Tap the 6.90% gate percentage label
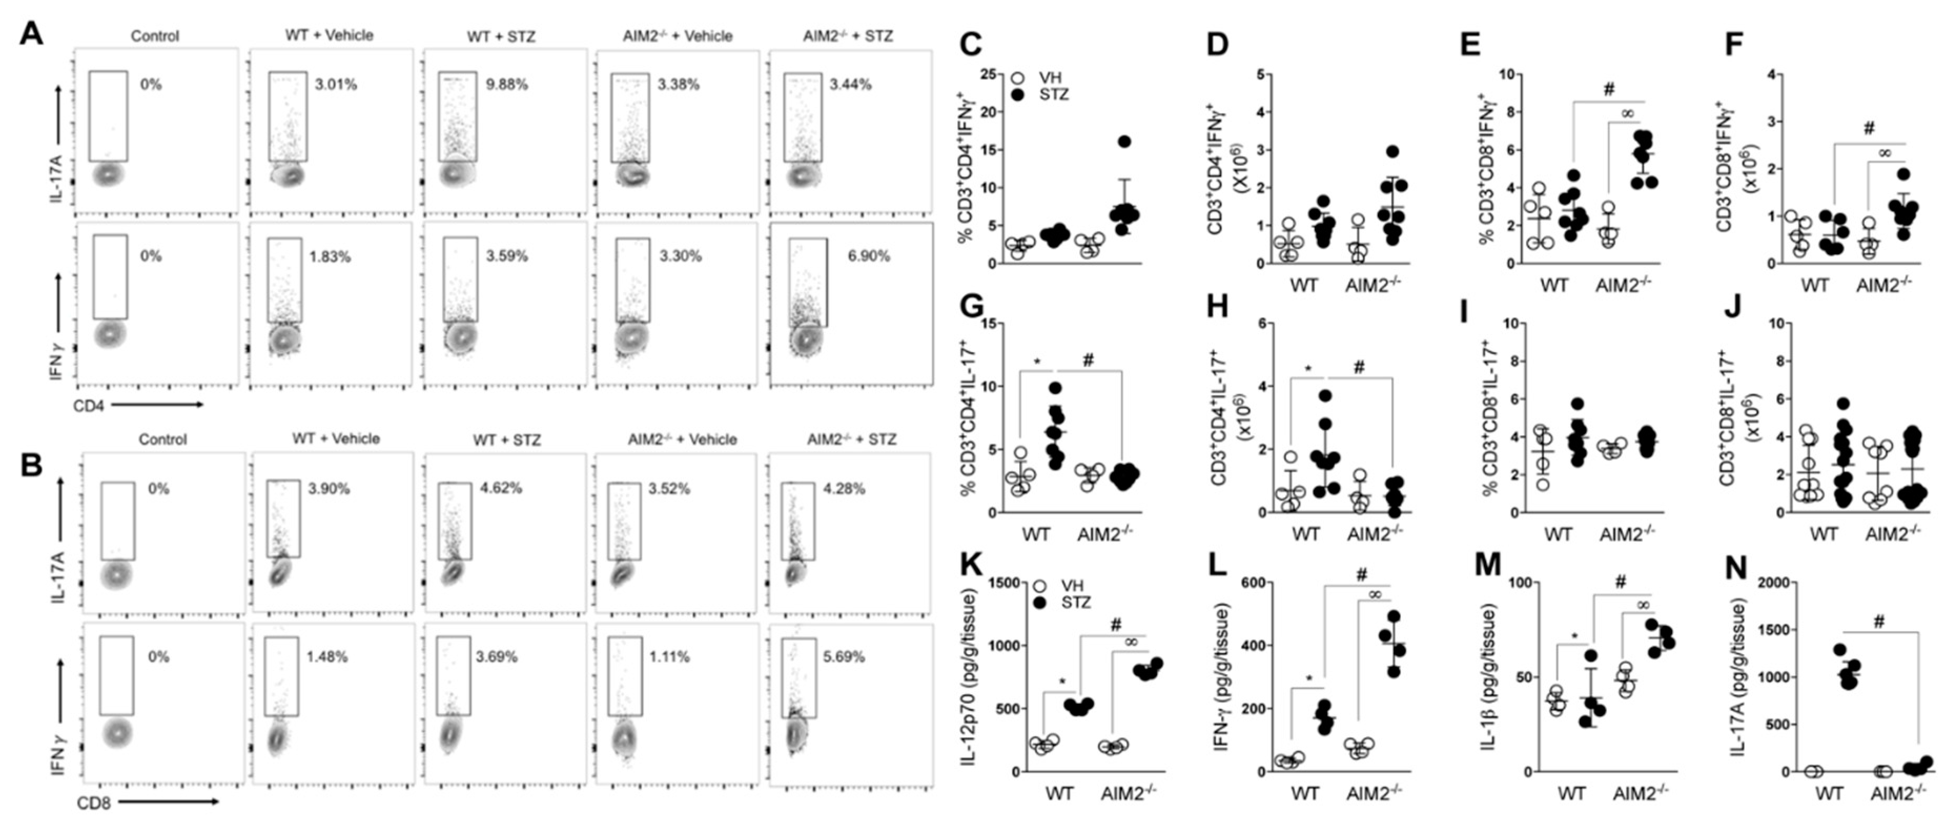coord(868,256)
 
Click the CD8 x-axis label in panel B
coord(94,803)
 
